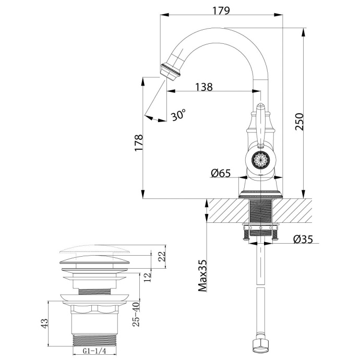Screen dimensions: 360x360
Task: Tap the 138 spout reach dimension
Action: (204, 87)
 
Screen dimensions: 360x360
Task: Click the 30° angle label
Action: (178, 115)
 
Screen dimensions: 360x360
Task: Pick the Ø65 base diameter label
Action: (221, 174)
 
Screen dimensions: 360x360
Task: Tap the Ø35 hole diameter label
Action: (303, 239)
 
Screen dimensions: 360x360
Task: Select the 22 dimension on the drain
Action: (161, 256)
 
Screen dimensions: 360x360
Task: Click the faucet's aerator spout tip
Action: (171, 71)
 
